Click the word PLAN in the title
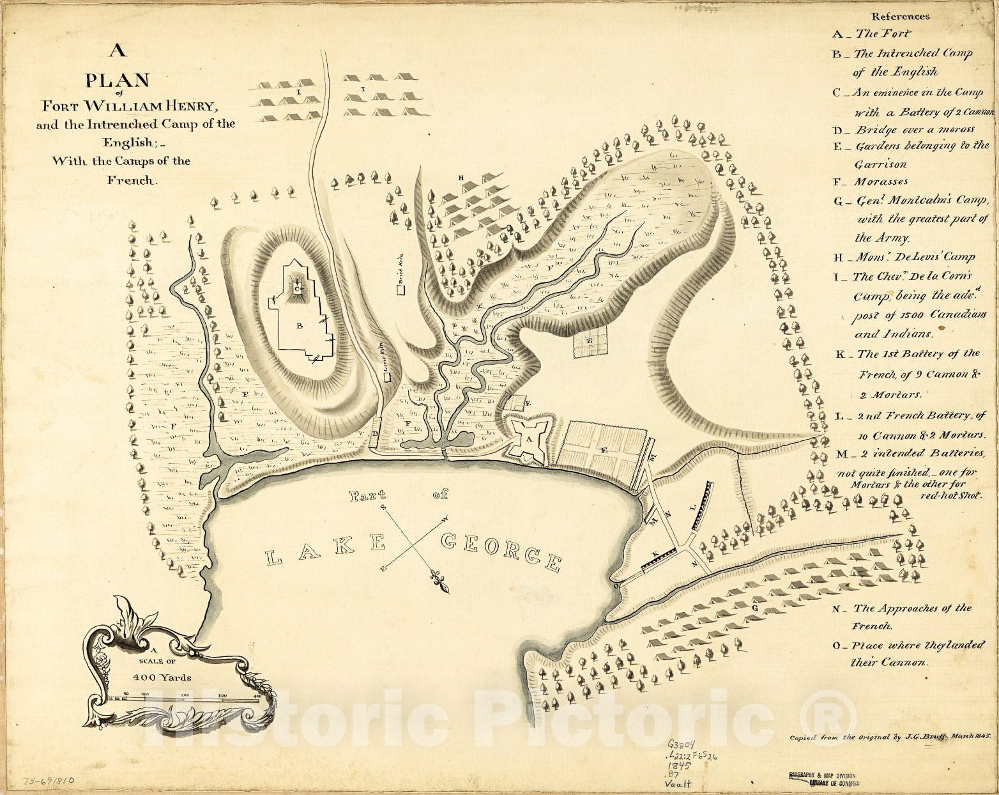point(118,81)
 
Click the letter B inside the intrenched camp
point(298,325)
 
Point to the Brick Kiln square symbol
point(402,289)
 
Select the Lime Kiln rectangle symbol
point(386,377)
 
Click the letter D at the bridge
point(374,434)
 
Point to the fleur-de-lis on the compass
point(440,581)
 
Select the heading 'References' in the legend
point(901,17)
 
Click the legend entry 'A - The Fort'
point(872,34)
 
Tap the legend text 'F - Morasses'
point(870,181)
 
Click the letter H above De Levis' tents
point(460,177)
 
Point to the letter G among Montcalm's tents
point(756,608)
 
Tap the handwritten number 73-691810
point(49,780)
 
